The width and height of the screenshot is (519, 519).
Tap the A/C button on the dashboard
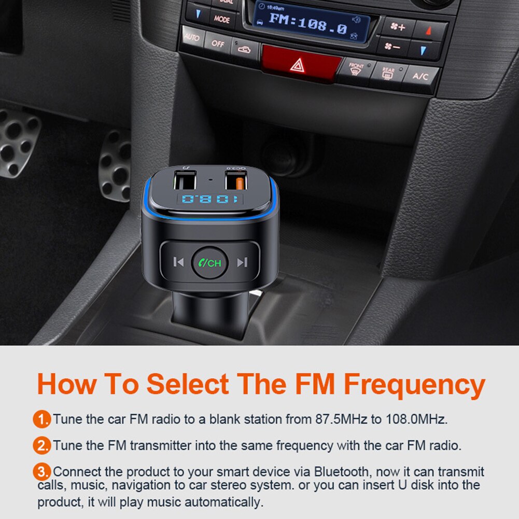coord(420,76)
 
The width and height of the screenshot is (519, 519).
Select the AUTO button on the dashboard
coord(192,37)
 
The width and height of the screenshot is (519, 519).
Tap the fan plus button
coord(398,27)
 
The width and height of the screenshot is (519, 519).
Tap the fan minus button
coord(393,47)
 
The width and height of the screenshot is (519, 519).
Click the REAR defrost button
coord(388,74)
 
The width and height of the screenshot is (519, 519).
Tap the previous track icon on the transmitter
coord(178,262)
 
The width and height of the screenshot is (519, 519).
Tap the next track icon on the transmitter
coord(242,262)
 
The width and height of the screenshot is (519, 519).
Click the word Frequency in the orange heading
coord(414,384)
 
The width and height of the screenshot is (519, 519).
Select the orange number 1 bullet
coord(42,419)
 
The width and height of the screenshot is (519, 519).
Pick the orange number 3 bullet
coord(42,472)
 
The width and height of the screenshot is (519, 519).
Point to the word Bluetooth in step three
coord(342,472)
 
